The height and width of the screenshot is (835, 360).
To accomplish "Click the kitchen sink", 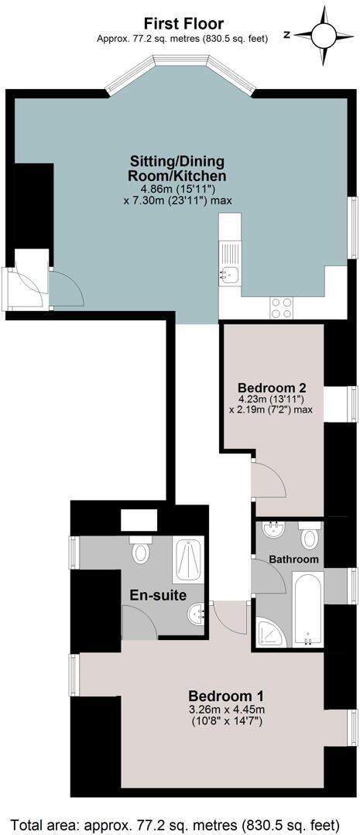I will coord(229,273).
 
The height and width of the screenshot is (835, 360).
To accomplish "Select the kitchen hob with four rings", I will coord(281,307).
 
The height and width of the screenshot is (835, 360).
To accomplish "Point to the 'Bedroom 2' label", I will coord(267,388).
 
